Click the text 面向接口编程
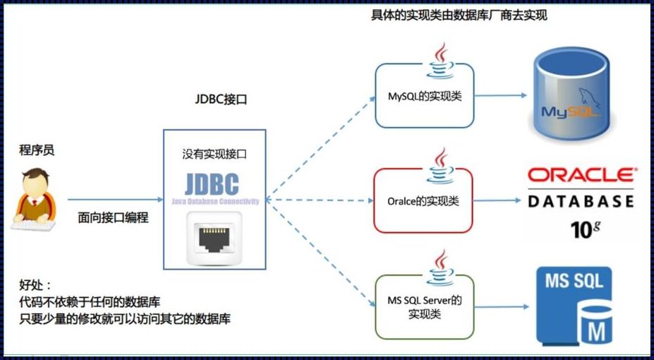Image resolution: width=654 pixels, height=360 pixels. (x=113, y=218)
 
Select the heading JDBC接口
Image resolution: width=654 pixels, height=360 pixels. (x=220, y=100)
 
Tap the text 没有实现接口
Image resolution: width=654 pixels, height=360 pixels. (x=214, y=153)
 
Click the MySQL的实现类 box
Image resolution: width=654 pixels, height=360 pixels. (x=424, y=96)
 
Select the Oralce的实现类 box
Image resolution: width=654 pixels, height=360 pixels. (x=423, y=201)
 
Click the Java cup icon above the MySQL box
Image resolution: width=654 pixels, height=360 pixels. (x=442, y=60)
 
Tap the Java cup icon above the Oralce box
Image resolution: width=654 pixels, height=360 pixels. (x=442, y=165)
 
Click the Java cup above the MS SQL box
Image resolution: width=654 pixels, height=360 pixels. (x=442, y=268)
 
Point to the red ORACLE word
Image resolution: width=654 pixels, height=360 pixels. (x=581, y=175)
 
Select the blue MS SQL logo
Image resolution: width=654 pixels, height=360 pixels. (x=574, y=304)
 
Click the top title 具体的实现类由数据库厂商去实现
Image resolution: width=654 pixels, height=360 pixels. (x=459, y=16)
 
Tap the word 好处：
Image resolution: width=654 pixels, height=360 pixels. (x=35, y=285)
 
